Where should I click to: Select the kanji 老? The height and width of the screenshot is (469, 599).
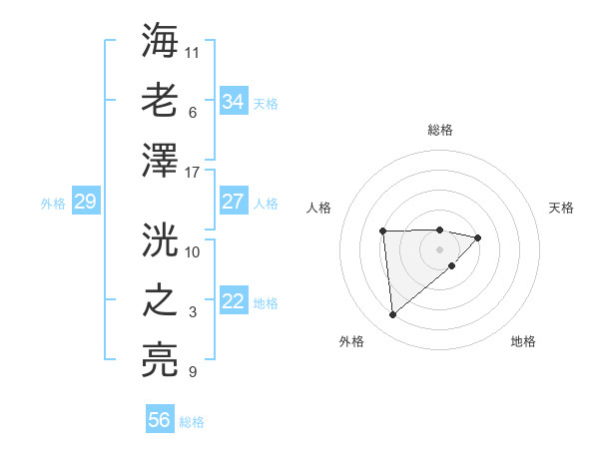coord(161,101)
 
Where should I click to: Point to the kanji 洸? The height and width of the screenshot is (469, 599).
coord(161,240)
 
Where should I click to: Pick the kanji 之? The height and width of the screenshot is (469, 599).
coord(161,301)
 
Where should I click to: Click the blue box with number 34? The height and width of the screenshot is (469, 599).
coord(233,101)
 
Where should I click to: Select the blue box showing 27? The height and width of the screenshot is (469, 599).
coord(233,202)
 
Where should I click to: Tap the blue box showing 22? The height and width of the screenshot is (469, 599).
coord(233,301)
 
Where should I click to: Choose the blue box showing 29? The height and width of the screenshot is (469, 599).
coord(85,202)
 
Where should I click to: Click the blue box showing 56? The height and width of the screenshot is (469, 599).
coord(160,420)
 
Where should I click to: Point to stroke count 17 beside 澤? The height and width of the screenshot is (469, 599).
coord(193,173)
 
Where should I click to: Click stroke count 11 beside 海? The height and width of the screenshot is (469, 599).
coord(193,50)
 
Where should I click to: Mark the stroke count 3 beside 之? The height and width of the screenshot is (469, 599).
coord(193,312)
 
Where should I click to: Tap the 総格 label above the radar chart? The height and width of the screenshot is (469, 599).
coord(440,130)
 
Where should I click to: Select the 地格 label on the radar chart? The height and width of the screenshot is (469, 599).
coord(523,341)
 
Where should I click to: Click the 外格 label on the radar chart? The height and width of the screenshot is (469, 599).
coord(351,341)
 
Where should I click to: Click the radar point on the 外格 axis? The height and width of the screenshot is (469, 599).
coord(392,315)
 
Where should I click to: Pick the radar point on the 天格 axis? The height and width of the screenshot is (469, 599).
coord(478,237)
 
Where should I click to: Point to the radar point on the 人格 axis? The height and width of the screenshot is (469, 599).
coord(382,232)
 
